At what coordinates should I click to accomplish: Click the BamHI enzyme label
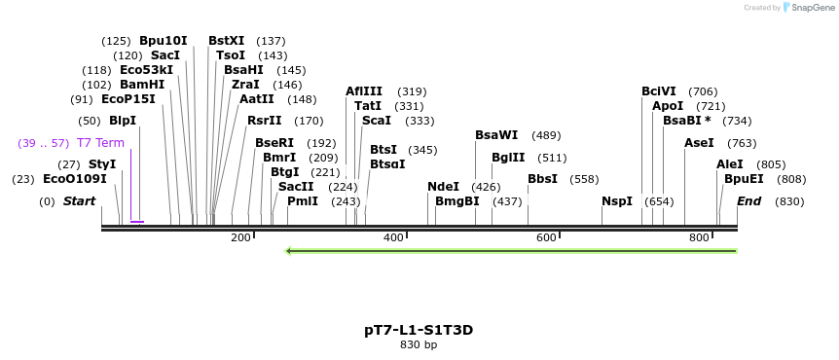click(142, 85)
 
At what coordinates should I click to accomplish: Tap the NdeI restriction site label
click(443, 187)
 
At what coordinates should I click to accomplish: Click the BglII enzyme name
click(508, 158)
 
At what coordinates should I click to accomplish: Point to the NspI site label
click(617, 201)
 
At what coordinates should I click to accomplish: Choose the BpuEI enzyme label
click(744, 179)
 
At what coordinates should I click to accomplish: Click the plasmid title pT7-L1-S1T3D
click(419, 330)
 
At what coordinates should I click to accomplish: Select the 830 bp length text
click(419, 344)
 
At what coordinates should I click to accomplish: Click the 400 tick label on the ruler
click(393, 238)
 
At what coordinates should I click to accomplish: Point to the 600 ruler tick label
click(546, 238)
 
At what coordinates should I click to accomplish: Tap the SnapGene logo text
click(811, 8)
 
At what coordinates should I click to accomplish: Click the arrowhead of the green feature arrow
click(289, 251)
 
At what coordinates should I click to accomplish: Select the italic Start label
click(80, 201)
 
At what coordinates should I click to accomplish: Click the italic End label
click(748, 201)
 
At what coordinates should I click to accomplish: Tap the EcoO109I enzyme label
click(75, 179)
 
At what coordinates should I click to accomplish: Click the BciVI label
click(659, 91)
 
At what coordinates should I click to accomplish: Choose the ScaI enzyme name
click(376, 121)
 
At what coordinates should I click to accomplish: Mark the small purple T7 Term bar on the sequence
click(137, 222)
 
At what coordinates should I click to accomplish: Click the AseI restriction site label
click(699, 143)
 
